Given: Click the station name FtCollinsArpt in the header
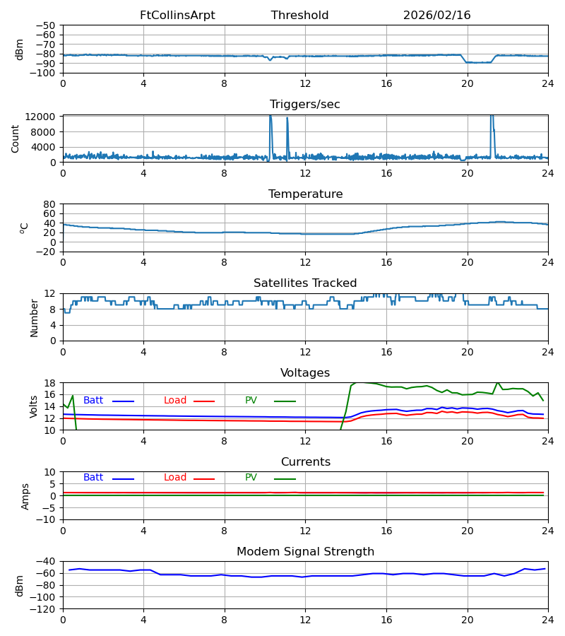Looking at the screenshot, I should pyautogui.click(x=177, y=16).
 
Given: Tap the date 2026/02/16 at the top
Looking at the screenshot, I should pyautogui.click(x=436, y=16).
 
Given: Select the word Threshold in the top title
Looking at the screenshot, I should pyautogui.click(x=299, y=16).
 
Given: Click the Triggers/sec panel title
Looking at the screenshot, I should pyautogui.click(x=305, y=105).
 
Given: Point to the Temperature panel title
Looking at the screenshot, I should pyautogui.click(x=305, y=194).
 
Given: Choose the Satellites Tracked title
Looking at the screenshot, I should pyautogui.click(x=305, y=283).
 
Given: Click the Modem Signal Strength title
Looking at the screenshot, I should pyautogui.click(x=305, y=552).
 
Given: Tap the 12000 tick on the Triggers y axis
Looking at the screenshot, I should pyautogui.click(x=44, y=117).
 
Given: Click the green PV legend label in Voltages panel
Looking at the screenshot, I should pyautogui.click(x=251, y=401).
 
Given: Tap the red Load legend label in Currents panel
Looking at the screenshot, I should pyautogui.click(x=175, y=478).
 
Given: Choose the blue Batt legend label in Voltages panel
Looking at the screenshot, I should pyautogui.click(x=93, y=401).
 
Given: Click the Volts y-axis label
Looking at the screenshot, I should pyautogui.click(x=34, y=406).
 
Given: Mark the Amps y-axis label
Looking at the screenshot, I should pyautogui.click(x=25, y=496).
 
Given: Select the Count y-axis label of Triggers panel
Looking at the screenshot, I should pyautogui.click(x=16, y=139).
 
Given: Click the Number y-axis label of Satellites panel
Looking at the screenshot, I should pyautogui.click(x=34, y=317).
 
